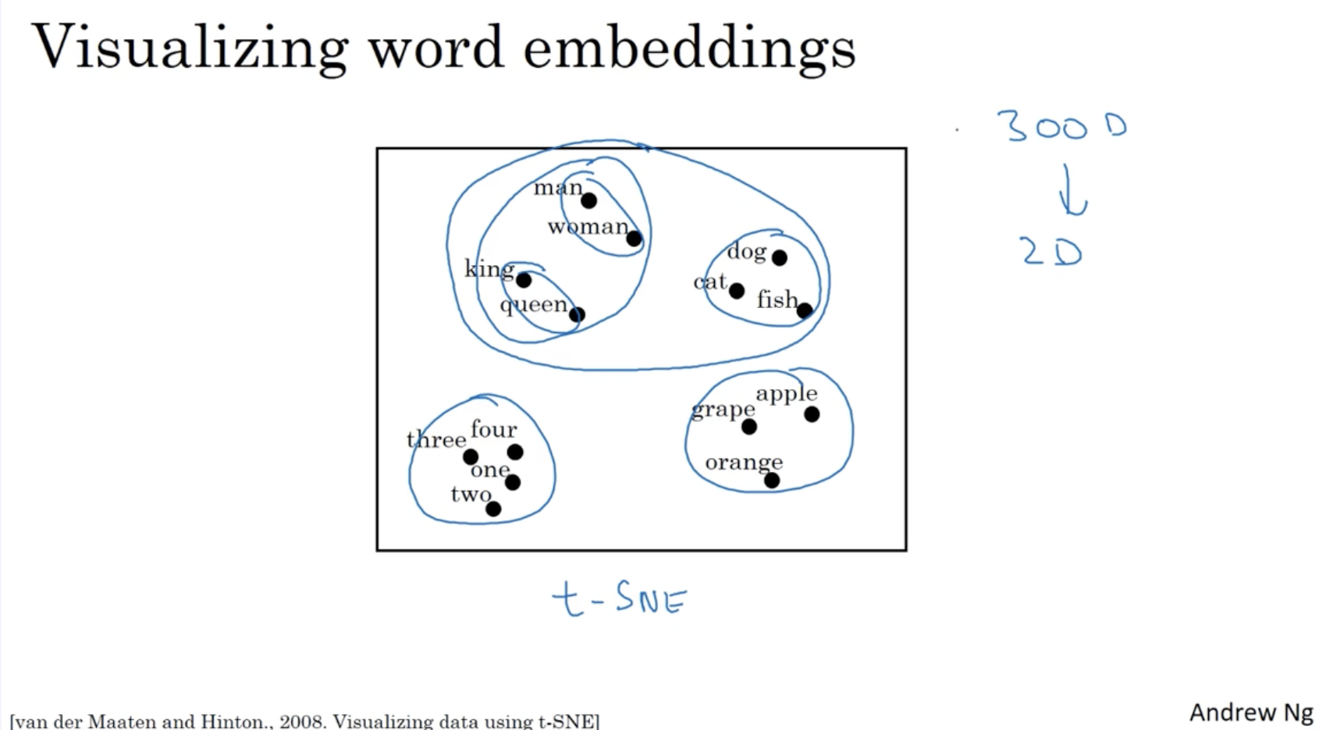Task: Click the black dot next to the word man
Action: tap(588, 200)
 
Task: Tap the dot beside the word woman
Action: tap(634, 239)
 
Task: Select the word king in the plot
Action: tap(489, 269)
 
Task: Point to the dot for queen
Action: tap(577, 315)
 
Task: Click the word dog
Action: tap(747, 251)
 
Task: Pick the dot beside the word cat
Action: tap(736, 291)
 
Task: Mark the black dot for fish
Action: tap(805, 310)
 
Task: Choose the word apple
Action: tap(786, 394)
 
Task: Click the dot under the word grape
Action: tap(749, 427)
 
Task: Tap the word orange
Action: tap(743, 462)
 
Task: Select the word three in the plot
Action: tap(436, 440)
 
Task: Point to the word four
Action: tap(493, 429)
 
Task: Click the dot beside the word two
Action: tap(493, 509)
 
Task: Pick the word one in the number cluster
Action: tap(489, 470)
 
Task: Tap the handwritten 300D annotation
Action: tap(1061, 126)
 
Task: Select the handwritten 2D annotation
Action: tap(1051, 252)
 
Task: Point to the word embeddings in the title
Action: tap(689, 48)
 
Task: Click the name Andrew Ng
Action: tap(1250, 712)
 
